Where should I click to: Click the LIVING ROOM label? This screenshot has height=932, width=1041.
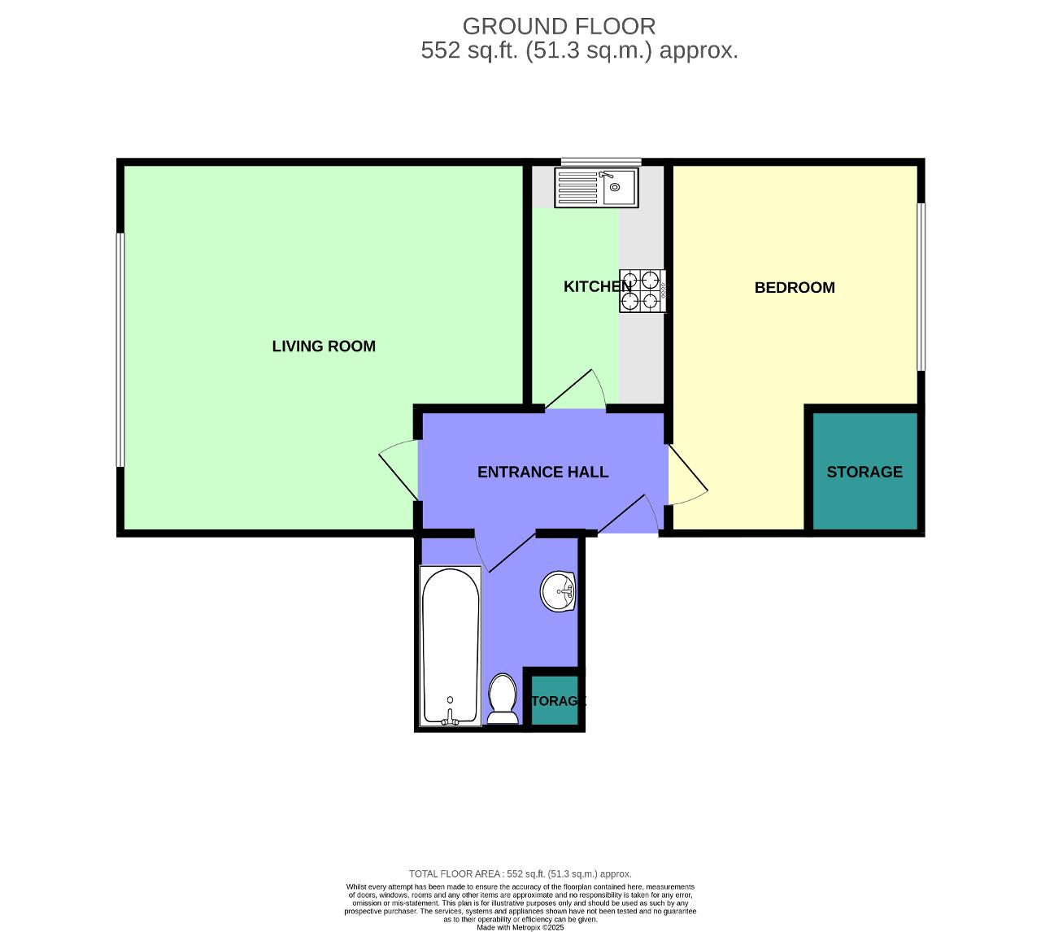point(324,346)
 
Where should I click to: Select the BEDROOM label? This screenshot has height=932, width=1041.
point(795,287)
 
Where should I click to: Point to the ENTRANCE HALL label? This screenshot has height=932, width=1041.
point(542,472)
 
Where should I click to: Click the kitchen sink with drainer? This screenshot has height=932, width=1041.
point(596,188)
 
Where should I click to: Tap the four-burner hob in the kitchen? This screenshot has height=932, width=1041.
point(642,290)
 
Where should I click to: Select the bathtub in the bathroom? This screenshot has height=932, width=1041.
point(450,646)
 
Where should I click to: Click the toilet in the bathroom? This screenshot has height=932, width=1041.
point(503,699)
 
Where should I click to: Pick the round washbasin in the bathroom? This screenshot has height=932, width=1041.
point(558,591)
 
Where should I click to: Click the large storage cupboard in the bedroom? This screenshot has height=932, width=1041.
point(865,472)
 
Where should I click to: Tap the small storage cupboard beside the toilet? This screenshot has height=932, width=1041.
point(555,700)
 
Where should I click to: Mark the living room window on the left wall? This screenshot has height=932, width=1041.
point(120,350)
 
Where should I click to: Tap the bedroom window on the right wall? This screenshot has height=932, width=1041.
point(921,287)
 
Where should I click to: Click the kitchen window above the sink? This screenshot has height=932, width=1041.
point(601,162)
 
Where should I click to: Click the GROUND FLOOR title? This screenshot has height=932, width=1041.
point(559,26)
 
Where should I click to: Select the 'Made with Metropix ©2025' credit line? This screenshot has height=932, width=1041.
point(520,927)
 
